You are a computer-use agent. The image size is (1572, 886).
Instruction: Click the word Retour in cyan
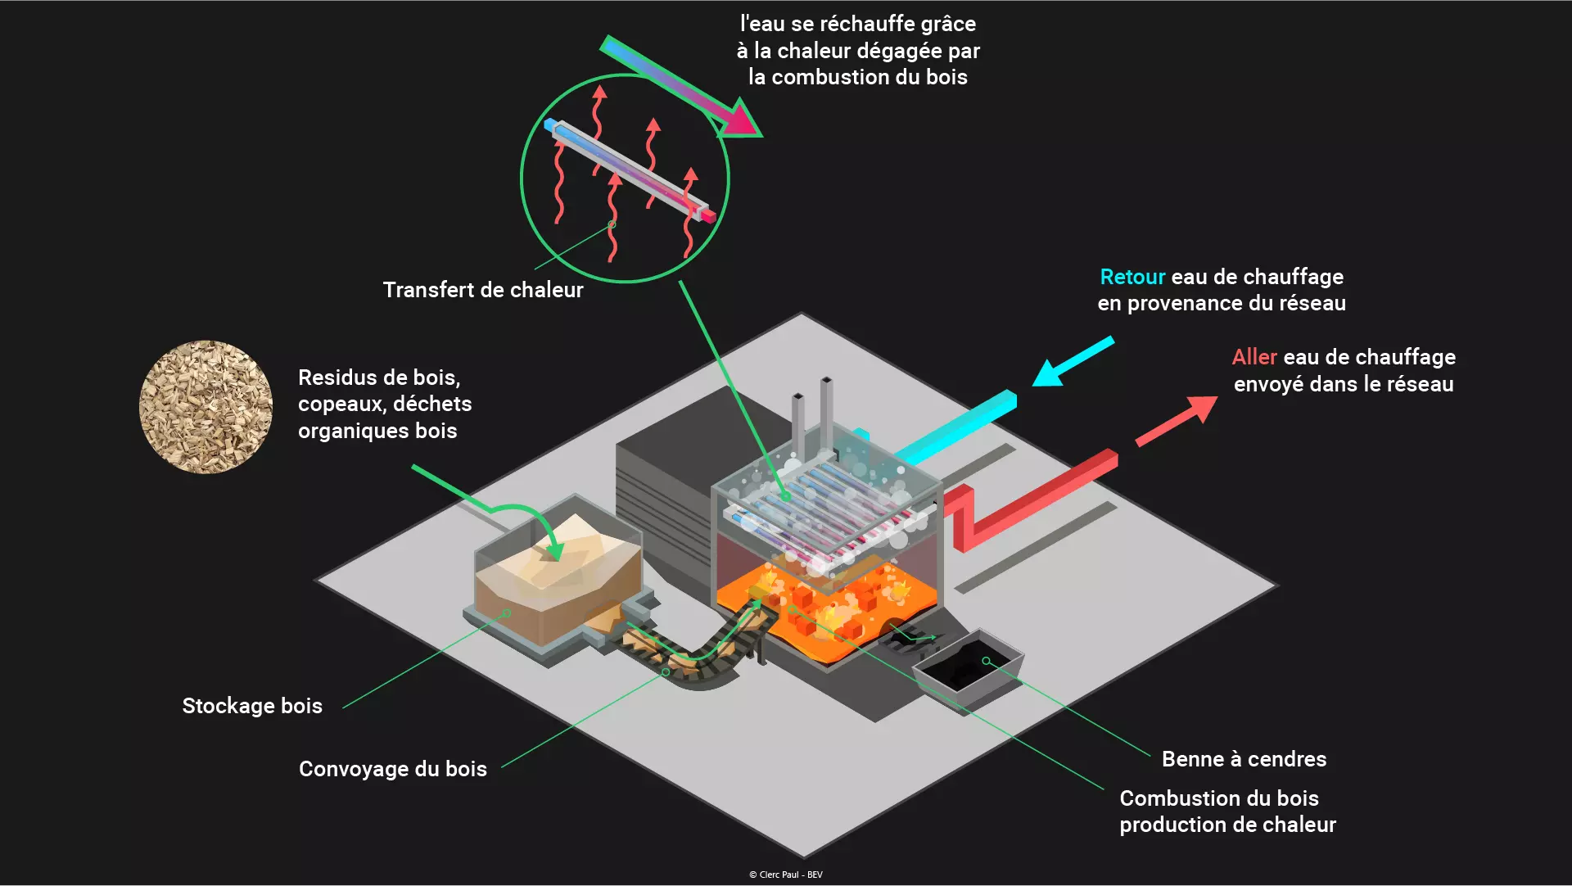tap(1132, 277)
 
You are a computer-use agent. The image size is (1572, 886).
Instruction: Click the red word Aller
tap(1254, 357)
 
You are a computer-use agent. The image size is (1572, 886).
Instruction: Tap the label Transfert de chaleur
tap(483, 290)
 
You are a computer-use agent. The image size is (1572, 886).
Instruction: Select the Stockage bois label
tap(252, 706)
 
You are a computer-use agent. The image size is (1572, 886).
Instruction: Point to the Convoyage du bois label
tap(393, 769)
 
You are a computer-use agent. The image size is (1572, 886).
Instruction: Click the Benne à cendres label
tap(1244, 759)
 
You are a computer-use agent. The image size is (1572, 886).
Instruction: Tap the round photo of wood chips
tap(206, 407)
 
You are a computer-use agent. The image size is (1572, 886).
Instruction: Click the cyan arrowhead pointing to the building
tap(1050, 373)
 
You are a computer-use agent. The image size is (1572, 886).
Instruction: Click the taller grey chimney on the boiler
tap(826, 414)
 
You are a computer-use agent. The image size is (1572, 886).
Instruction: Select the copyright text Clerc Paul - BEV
tap(786, 875)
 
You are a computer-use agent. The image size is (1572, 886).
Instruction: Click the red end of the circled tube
tap(706, 215)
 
